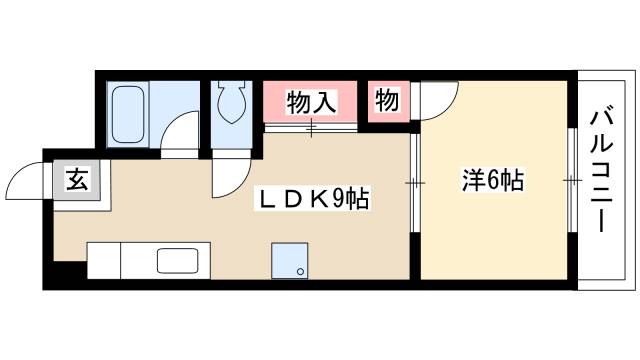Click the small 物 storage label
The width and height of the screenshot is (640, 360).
point(388,100)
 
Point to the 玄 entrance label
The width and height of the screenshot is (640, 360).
point(76,182)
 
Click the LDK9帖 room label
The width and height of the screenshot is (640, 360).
point(313,199)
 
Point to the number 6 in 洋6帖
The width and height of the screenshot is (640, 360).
point(492,181)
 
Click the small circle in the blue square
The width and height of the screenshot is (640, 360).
point(299,270)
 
